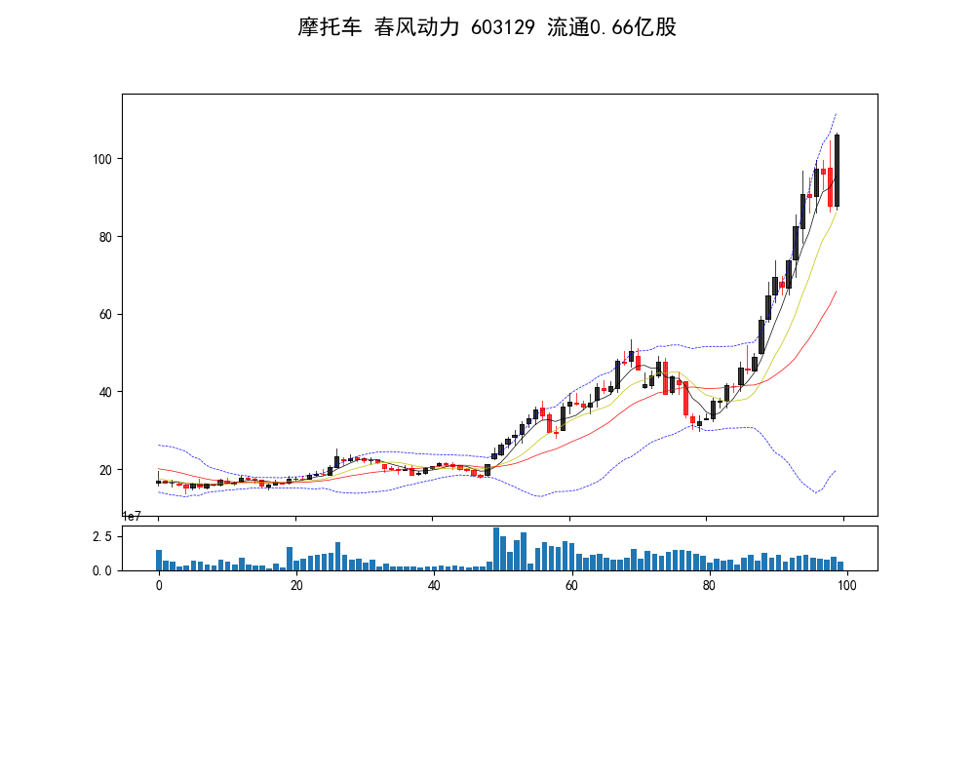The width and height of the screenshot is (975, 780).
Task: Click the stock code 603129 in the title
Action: click(502, 27)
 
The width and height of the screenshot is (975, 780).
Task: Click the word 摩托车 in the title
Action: click(331, 27)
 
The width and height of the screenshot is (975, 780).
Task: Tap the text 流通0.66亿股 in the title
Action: click(611, 27)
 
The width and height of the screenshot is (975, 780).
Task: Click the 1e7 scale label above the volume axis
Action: click(135, 516)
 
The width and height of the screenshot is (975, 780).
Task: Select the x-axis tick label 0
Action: click(159, 586)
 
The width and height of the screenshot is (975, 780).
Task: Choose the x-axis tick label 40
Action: click(434, 586)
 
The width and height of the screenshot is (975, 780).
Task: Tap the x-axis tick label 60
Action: click(571, 586)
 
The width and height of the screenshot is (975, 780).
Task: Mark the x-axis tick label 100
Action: click(847, 586)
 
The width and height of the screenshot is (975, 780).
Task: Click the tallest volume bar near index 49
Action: click(496, 549)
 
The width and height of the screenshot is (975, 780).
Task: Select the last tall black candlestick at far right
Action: click(837, 171)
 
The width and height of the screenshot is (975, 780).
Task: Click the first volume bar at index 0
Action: click(159, 560)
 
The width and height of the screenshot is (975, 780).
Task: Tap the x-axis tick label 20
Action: click(296, 586)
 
